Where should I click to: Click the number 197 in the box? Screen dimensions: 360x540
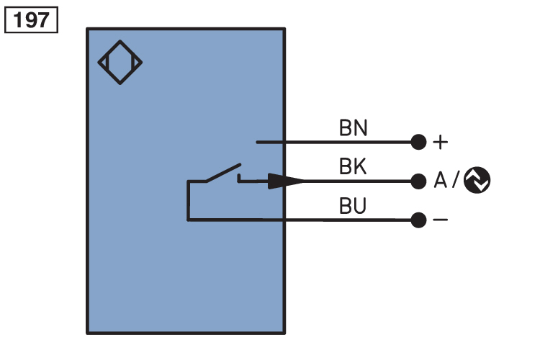(x=31, y=19)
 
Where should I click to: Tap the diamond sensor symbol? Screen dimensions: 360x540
(x=120, y=63)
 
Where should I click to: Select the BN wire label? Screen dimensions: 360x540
(x=353, y=128)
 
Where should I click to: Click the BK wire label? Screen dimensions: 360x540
(x=353, y=167)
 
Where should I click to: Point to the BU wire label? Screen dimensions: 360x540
(x=353, y=207)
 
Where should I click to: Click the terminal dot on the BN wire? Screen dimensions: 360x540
(x=418, y=142)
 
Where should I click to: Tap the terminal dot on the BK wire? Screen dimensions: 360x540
(x=418, y=181)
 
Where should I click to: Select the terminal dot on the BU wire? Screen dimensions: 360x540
(x=418, y=220)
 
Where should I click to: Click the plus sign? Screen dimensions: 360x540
(x=440, y=142)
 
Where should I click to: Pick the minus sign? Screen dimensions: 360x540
(x=440, y=220)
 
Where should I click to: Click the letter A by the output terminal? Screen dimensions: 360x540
(x=441, y=181)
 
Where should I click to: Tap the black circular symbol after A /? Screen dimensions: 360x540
(x=477, y=181)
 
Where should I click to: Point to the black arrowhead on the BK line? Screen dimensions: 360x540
(x=284, y=181)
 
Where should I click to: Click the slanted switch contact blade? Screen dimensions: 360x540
(x=222, y=174)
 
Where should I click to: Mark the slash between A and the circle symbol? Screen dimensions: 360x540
(x=456, y=181)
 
